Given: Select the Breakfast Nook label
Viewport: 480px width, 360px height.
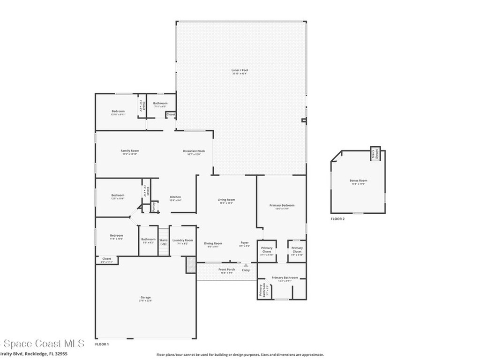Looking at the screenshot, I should tap(192, 152).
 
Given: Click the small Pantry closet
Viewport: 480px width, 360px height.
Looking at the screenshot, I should tap(154, 207).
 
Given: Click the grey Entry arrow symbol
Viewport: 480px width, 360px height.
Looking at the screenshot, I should tap(246, 265).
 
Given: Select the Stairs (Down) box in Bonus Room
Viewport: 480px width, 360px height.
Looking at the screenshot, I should tap(375, 155).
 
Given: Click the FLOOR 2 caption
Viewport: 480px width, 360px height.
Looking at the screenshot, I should tap(337, 219).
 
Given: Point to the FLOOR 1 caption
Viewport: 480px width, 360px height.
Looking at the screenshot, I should tap(102, 344).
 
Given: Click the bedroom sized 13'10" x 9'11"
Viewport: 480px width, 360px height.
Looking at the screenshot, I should tap(118, 112).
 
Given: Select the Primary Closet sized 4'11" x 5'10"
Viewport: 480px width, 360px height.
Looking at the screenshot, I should tap(267, 251).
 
